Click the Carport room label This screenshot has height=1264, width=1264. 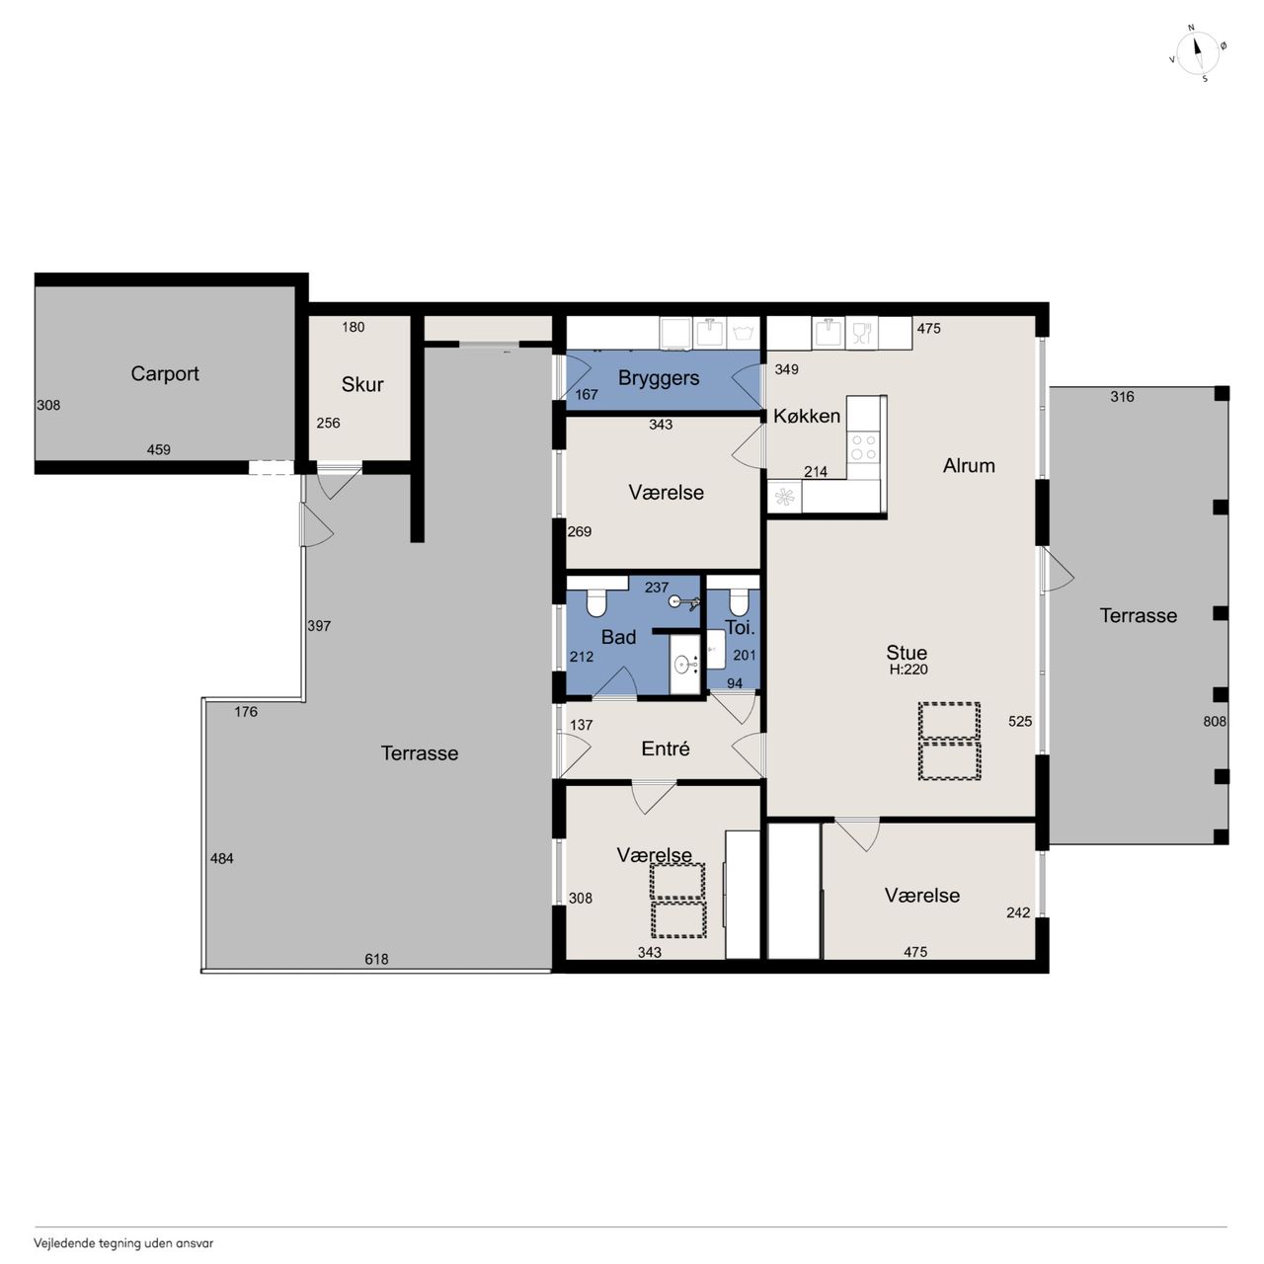[x=165, y=374]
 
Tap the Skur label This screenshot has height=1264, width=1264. [x=362, y=384]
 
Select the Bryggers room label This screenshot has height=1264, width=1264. [x=658, y=378]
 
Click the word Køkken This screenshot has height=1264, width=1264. [x=806, y=416]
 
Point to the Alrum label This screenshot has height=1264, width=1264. [x=968, y=466]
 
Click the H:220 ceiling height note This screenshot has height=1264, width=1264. [x=908, y=670]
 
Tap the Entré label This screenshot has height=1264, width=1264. [x=666, y=749]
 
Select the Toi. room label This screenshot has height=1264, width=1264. [x=740, y=627]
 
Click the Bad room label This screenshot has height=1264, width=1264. [x=618, y=637]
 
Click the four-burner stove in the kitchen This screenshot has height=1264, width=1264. [x=863, y=447]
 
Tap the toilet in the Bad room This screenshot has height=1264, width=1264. [x=595, y=602]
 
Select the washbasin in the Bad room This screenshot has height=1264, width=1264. [x=686, y=665]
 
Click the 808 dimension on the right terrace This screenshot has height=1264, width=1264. [x=1215, y=722]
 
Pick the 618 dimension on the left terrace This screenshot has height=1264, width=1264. [x=376, y=959]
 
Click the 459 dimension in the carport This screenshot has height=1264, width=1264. [x=158, y=450]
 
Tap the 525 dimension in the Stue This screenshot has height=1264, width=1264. [x=1020, y=722]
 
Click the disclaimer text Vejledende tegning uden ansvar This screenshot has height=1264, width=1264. [x=123, y=1243]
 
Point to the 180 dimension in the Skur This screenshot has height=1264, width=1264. [x=353, y=327]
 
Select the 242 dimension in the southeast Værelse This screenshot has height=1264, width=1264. [x=1018, y=912]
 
